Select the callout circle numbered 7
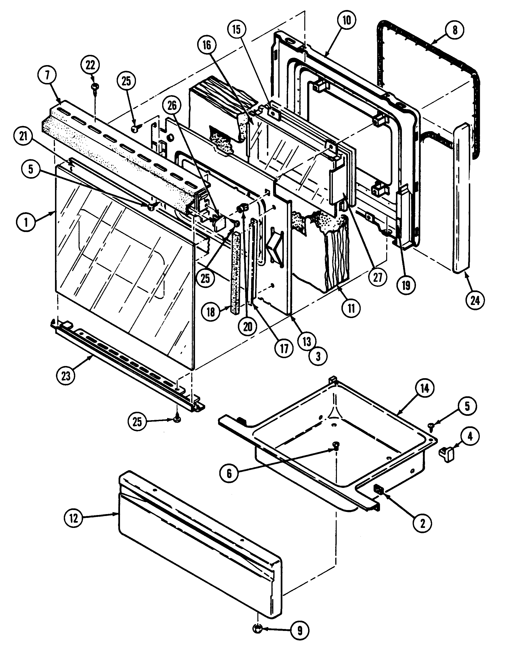pos(47,76)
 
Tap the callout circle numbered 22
pos(90,65)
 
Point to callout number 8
pos(455,30)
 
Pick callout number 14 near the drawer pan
pos(425,388)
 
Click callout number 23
pos(66,376)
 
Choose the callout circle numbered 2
pos(422,523)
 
